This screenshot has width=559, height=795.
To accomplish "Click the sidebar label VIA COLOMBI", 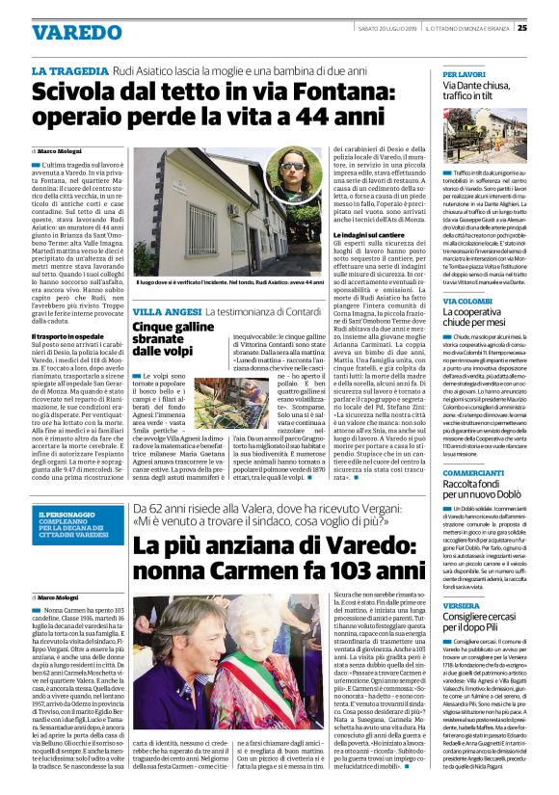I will (464, 301).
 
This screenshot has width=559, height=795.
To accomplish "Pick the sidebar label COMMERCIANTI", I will (473, 474).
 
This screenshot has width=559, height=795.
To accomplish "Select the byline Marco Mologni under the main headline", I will (63, 152).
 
